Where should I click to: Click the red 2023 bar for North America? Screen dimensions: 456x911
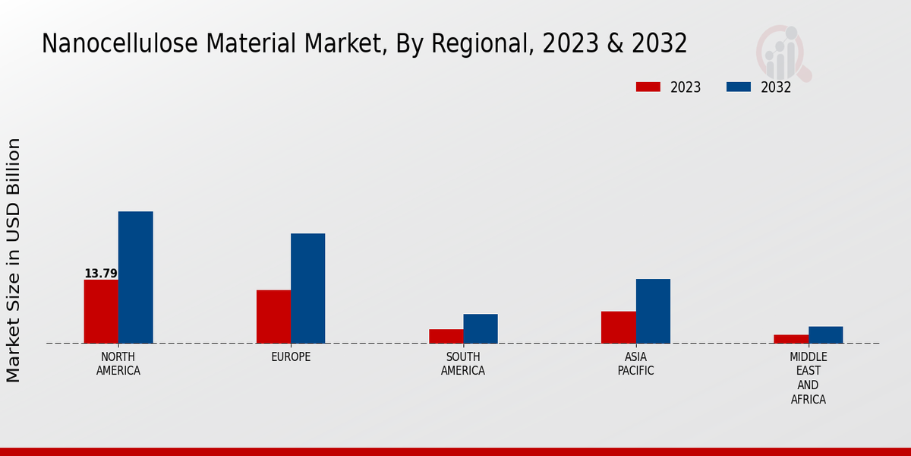click(x=101, y=312)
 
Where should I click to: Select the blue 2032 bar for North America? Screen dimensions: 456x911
click(x=135, y=277)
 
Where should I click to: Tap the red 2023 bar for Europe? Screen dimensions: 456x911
click(x=273, y=317)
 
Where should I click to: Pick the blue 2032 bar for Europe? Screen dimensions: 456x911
click(x=307, y=288)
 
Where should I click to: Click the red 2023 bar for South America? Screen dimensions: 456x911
click(x=446, y=336)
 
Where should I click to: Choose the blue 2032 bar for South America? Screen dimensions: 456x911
click(x=481, y=328)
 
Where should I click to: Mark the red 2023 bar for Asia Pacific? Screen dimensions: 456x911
click(x=618, y=328)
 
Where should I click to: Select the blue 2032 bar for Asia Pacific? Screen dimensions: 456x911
click(x=653, y=311)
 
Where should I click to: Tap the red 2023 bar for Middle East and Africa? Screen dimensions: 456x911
click(x=791, y=339)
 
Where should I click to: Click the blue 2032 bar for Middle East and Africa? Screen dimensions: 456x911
click(x=825, y=335)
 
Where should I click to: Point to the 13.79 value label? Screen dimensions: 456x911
click(x=100, y=274)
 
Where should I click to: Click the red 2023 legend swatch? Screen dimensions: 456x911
click(x=648, y=87)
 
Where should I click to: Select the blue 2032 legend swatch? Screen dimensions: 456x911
click(x=738, y=87)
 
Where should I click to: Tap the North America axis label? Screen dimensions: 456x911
click(x=118, y=364)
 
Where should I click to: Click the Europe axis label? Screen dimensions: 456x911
click(x=291, y=357)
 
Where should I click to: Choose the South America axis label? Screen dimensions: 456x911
click(x=463, y=364)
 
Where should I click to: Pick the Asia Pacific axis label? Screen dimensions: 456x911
click(x=635, y=364)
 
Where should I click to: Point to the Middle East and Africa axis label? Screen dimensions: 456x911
click(x=809, y=378)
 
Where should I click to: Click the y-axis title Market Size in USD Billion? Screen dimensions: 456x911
click(x=14, y=260)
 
